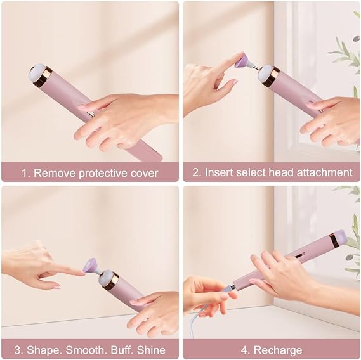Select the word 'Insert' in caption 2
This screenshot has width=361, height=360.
tap(218, 172)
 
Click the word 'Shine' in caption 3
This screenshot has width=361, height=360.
tap(151, 350)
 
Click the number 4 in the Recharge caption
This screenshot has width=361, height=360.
tap(244, 350)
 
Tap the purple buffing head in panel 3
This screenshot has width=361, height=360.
tap(91, 264)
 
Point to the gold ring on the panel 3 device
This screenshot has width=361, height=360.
tap(110, 281)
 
